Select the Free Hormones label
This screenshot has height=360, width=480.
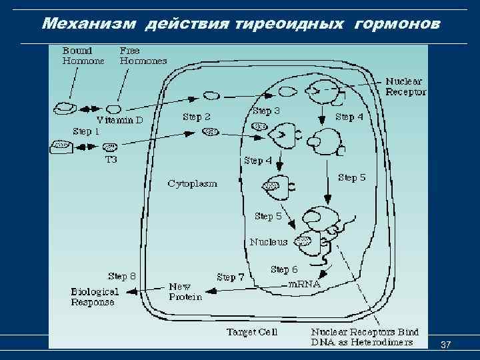143,55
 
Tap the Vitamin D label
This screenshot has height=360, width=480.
120,121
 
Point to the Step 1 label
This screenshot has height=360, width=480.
86,131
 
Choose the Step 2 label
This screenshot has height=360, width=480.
197,117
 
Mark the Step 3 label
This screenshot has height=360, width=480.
266,111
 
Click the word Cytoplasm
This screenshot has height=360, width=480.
192,183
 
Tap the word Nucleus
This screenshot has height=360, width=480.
269,242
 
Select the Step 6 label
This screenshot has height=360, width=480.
284,269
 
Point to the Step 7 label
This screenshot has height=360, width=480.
231,277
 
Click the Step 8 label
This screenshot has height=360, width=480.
122,275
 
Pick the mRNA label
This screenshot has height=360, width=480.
304,284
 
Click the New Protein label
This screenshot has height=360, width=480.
185,291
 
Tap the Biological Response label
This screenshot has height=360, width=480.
95,297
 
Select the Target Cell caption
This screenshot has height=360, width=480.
251,331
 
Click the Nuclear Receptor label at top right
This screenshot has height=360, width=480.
405,87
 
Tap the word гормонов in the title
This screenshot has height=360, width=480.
397,24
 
